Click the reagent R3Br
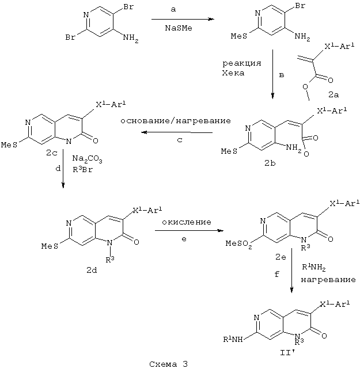point(84,169)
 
